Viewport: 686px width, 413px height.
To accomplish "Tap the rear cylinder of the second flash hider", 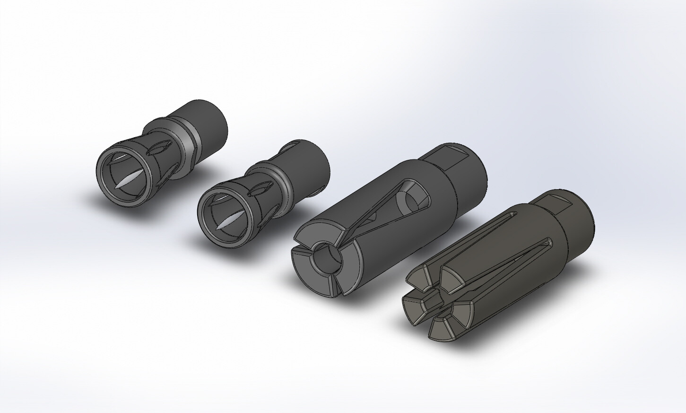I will pyautogui.click(x=310, y=163).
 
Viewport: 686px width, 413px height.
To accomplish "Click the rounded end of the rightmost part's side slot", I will pyautogui.click(x=548, y=243).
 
